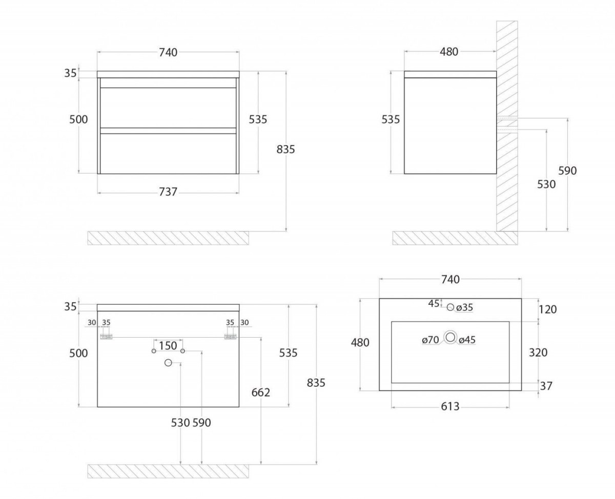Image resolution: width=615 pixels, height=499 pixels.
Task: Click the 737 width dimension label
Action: (x=168, y=192)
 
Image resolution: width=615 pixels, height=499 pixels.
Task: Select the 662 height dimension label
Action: (x=261, y=392)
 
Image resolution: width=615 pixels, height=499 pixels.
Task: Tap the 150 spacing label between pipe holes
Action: (x=168, y=345)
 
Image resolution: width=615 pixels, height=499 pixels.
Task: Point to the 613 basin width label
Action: (x=450, y=406)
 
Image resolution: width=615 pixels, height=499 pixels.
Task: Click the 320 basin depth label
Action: (x=538, y=352)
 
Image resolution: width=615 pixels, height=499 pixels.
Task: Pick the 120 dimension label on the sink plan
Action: (x=547, y=309)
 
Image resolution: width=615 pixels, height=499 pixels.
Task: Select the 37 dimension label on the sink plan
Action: (x=546, y=386)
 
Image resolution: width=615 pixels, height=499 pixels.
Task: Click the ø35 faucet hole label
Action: (x=464, y=308)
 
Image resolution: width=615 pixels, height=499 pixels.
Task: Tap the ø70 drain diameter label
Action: (x=430, y=340)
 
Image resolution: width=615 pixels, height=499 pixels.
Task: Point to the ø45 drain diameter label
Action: (x=467, y=340)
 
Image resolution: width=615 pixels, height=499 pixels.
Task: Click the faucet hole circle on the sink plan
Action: (x=450, y=307)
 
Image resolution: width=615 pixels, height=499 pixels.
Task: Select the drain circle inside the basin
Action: (x=450, y=337)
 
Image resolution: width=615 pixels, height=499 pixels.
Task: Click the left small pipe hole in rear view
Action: (x=154, y=351)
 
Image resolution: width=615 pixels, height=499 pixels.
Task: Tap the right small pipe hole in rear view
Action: (x=182, y=351)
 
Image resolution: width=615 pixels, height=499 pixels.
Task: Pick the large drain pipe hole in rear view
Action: (x=168, y=363)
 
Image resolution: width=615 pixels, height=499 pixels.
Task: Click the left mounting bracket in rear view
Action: (x=106, y=337)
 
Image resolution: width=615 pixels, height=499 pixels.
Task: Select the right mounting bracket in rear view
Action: (x=231, y=337)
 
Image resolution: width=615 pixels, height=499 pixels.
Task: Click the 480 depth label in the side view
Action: (x=449, y=52)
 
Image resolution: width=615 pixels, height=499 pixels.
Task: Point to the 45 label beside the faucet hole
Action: (x=434, y=303)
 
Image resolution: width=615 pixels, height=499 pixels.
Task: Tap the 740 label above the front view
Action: (x=168, y=53)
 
